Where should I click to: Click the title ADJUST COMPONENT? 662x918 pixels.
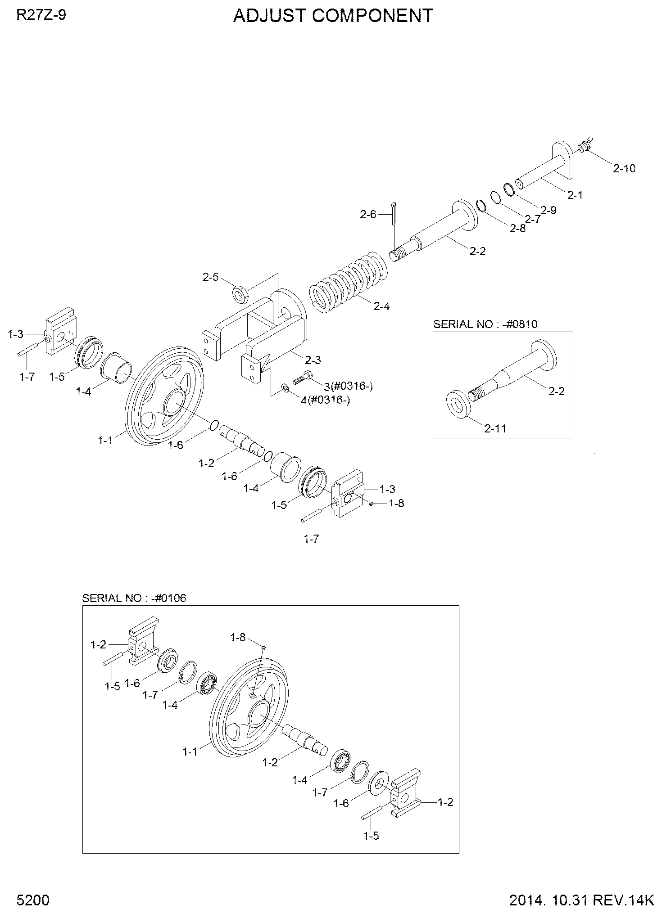click(333, 16)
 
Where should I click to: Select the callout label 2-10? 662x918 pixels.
click(624, 168)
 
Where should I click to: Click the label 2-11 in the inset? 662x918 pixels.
click(495, 428)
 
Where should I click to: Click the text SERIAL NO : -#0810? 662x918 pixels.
click(485, 324)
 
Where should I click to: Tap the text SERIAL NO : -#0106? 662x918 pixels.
click(134, 598)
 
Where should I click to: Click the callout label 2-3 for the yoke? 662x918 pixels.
click(313, 360)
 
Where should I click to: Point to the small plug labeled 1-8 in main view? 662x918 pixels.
click(371, 503)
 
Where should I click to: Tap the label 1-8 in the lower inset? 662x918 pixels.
click(238, 637)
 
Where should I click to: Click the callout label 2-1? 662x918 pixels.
click(575, 195)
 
